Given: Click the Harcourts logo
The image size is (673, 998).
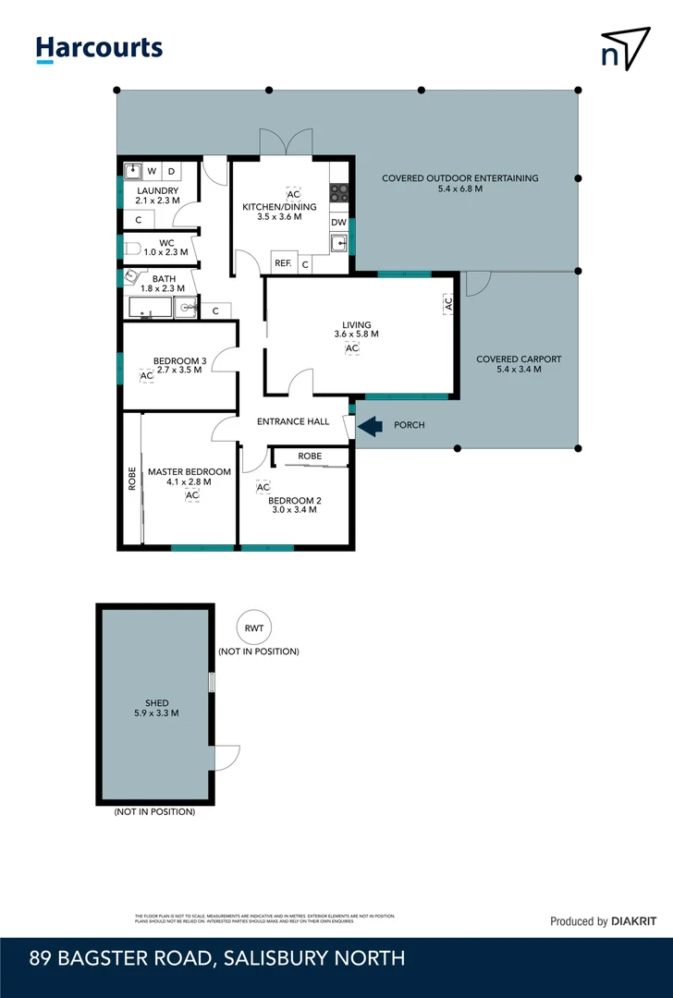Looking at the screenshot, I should tap(99, 49).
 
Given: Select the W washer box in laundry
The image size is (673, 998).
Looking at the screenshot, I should tap(152, 171).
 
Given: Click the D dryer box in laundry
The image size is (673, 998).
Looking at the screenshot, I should tap(172, 171).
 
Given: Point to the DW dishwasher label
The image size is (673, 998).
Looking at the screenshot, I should tap(339, 223).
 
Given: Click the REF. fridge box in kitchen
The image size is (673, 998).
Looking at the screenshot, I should tap(283, 263).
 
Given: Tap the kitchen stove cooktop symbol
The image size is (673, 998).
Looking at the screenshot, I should tap(339, 193).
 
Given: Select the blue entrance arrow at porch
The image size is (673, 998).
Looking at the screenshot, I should tap(370, 426).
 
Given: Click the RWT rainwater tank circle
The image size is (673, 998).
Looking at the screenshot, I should tap(254, 628).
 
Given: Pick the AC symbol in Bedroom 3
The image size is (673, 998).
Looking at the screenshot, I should tap(146, 376).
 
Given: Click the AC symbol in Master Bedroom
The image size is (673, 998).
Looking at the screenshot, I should tap(192, 496).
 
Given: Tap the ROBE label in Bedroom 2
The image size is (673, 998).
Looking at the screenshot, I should tap(310, 456).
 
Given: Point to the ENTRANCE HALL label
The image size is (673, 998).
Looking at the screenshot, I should tap(293, 421).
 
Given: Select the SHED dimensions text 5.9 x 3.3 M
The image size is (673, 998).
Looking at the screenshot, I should tap(156, 713).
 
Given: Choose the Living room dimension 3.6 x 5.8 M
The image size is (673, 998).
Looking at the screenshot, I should tap(356, 335).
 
